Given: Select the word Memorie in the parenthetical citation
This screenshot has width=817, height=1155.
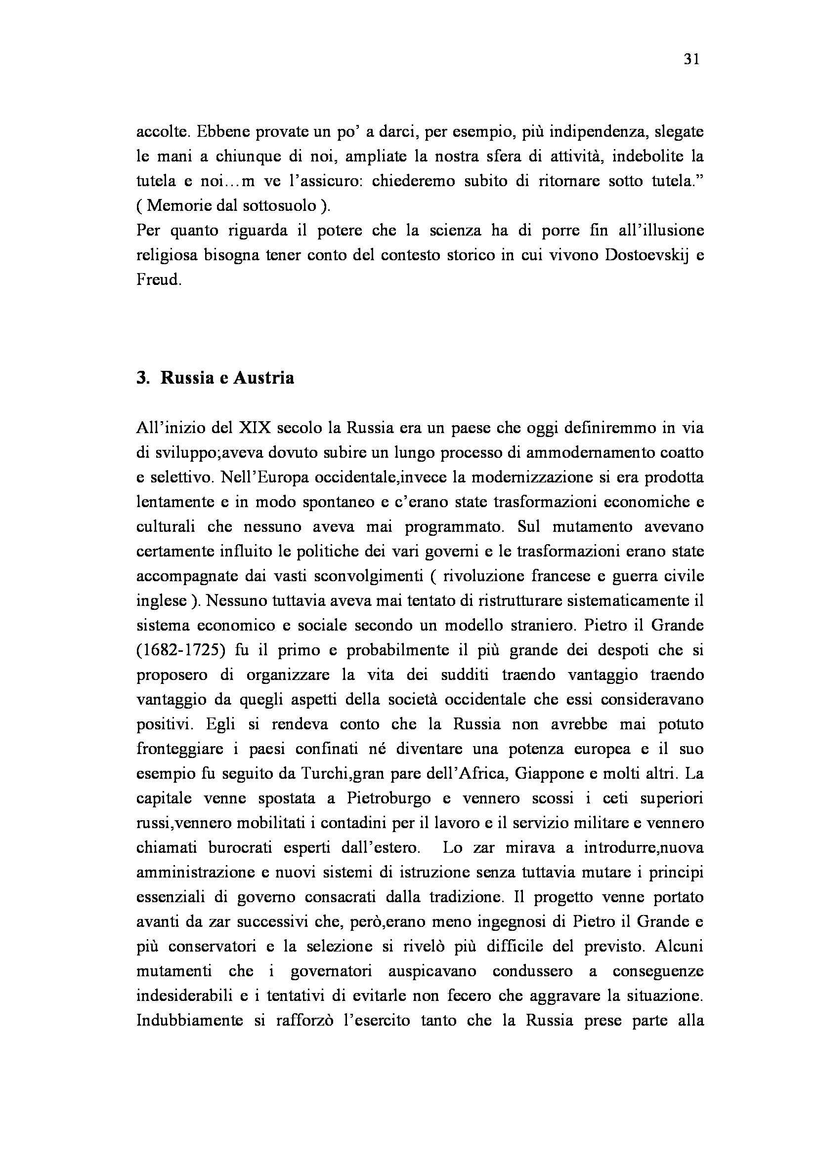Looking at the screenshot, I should [175, 206].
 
